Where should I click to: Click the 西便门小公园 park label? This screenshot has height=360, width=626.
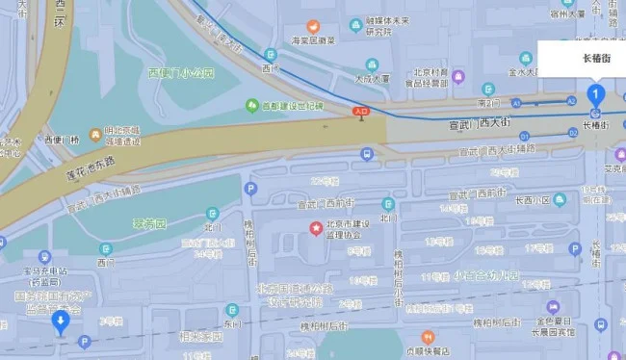[x=177, y=72]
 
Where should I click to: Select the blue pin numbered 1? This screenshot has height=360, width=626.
[x=596, y=94]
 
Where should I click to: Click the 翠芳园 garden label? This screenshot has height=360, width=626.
[x=150, y=223]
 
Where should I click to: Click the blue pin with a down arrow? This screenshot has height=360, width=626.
[x=61, y=321]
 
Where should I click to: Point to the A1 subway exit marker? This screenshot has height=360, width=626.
[x=517, y=101]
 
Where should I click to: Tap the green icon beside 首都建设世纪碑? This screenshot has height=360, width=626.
[x=252, y=104]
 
